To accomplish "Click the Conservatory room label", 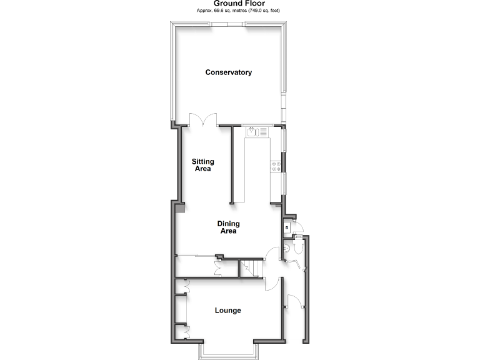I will coord(229,72).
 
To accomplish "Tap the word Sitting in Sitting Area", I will coord(202,162).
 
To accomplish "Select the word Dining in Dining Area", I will coord(228,224).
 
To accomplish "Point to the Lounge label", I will coord(227,311).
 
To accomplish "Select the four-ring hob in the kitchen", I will coord(274,166).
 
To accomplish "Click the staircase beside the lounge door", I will coord(250,269).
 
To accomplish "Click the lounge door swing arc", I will coord(270,284).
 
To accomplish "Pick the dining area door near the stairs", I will coord(273,253).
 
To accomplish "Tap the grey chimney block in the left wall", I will coord(180,209).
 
